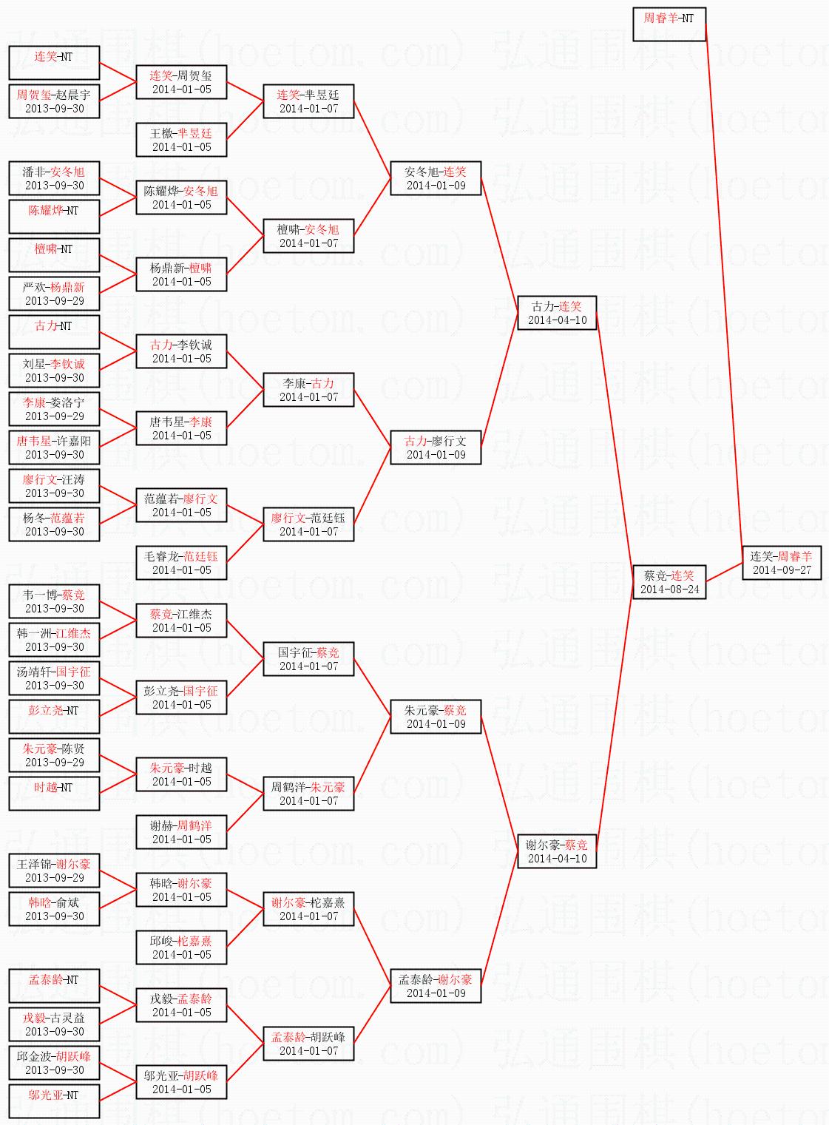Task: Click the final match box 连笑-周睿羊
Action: pos(782,563)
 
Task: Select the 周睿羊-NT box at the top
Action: pos(669,24)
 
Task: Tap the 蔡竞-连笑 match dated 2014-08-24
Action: pos(669,582)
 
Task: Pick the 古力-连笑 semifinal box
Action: pos(557,313)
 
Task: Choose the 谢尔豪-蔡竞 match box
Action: pos(557,851)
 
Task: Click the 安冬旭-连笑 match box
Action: pos(436,178)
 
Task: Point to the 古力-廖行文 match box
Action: pos(436,447)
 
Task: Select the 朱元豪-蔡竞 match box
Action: pos(436,717)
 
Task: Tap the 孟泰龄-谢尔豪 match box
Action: pos(436,986)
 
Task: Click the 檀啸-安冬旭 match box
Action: pos(308,236)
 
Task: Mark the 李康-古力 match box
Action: pos(308,390)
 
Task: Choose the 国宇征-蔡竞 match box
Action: pos(308,659)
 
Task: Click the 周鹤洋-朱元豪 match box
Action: pos(308,794)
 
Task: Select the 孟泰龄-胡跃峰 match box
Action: pos(308,1044)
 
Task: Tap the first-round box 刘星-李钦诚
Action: pos(54,371)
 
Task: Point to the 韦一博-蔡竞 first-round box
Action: pos(54,601)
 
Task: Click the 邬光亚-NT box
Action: pos(54,1101)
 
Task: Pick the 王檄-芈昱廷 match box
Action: pos(181,140)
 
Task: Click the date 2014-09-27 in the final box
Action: pos(782,570)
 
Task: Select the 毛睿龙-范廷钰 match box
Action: pos(181,563)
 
